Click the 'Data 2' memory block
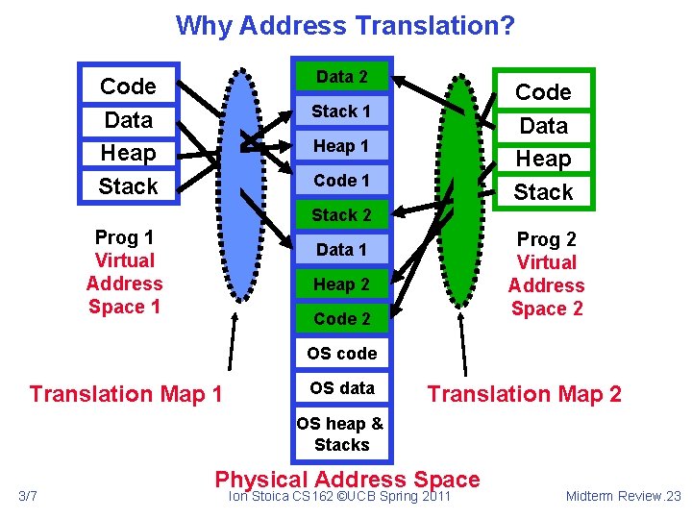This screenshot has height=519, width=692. [x=341, y=77]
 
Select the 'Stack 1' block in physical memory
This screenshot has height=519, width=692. [x=341, y=111]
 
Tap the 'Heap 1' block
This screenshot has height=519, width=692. [x=341, y=146]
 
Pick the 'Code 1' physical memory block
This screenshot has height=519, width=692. [x=341, y=181]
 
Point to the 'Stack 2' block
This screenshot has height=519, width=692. [x=341, y=214]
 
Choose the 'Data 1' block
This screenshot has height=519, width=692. [x=341, y=250]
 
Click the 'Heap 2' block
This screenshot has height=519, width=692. [x=341, y=284]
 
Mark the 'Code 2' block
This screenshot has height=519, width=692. [x=341, y=318]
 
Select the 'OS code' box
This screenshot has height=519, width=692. [x=341, y=354]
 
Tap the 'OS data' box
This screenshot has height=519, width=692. [x=341, y=388]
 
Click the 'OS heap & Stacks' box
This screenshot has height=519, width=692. [x=341, y=433]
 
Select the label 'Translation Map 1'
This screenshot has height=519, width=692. [x=126, y=394]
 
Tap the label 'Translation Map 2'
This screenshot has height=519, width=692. [x=524, y=394]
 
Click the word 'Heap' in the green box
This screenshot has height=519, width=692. [x=543, y=159]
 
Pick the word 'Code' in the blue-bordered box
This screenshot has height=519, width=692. [x=128, y=86]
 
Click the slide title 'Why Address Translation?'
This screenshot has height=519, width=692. [x=345, y=25]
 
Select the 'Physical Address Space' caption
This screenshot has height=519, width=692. [x=347, y=479]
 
